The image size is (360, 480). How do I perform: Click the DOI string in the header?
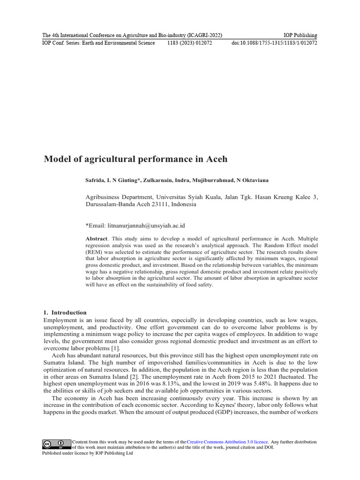click(x=274, y=43)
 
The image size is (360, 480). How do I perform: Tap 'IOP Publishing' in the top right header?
click(x=300, y=36)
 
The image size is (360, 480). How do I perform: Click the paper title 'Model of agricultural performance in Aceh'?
click(x=135, y=159)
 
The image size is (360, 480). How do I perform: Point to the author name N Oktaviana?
click(x=252, y=180)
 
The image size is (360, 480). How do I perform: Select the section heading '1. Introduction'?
click(x=65, y=312)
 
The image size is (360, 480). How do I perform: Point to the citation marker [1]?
click(x=115, y=348)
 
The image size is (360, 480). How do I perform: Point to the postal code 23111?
click(x=157, y=204)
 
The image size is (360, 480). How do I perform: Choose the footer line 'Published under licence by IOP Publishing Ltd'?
click(x=88, y=453)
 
